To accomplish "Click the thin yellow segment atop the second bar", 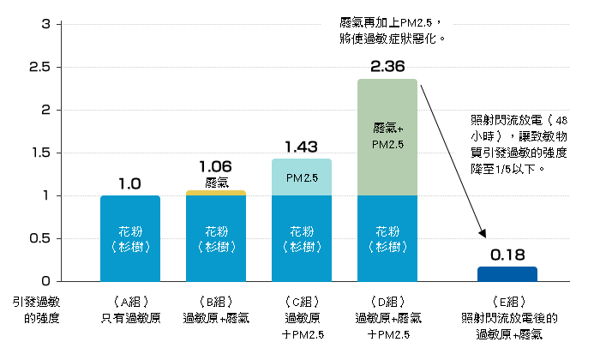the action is click(x=216, y=192).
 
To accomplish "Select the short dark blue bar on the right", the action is click(x=507, y=273).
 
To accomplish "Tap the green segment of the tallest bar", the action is click(x=387, y=137).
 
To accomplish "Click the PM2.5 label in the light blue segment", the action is click(x=302, y=178).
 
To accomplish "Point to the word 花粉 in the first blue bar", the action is click(x=130, y=231).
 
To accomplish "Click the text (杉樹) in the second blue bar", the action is click(x=216, y=246).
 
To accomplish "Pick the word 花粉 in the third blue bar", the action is click(x=302, y=231).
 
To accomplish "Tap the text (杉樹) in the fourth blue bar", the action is click(x=387, y=246).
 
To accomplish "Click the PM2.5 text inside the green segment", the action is click(x=387, y=144).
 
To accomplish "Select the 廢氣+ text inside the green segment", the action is click(x=387, y=129).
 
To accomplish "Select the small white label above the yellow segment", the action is click(x=215, y=183).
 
